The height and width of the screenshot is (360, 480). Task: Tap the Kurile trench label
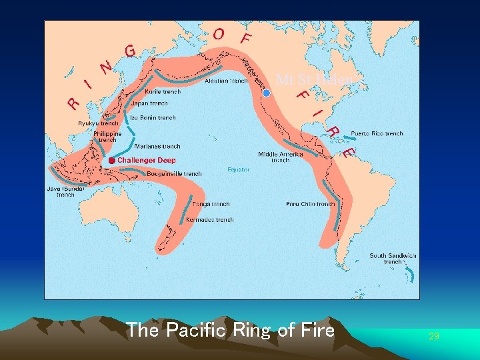coord(162,92)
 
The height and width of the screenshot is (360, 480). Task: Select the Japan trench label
coord(149,104)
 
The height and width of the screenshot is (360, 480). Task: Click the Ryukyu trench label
coord(98,123)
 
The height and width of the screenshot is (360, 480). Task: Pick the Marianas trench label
coord(157,146)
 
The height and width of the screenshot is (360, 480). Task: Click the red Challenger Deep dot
coord(111,161)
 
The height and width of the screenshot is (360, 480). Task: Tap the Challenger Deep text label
coord(146,161)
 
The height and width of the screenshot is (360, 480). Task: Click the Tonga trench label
coord(211,204)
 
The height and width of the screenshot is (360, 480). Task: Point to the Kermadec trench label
coord(211,219)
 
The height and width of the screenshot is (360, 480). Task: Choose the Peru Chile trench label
coord(310,204)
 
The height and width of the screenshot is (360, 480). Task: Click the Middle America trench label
coord(281,157)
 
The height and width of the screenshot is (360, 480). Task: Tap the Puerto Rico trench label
coord(377,133)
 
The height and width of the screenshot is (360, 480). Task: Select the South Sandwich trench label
coord(393,259)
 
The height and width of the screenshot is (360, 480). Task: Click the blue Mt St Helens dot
coord(267,94)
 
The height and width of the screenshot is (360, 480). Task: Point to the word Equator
coord(238,169)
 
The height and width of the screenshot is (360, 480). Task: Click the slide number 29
coord(434,336)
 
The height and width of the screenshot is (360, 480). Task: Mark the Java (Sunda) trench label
coord(65,192)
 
